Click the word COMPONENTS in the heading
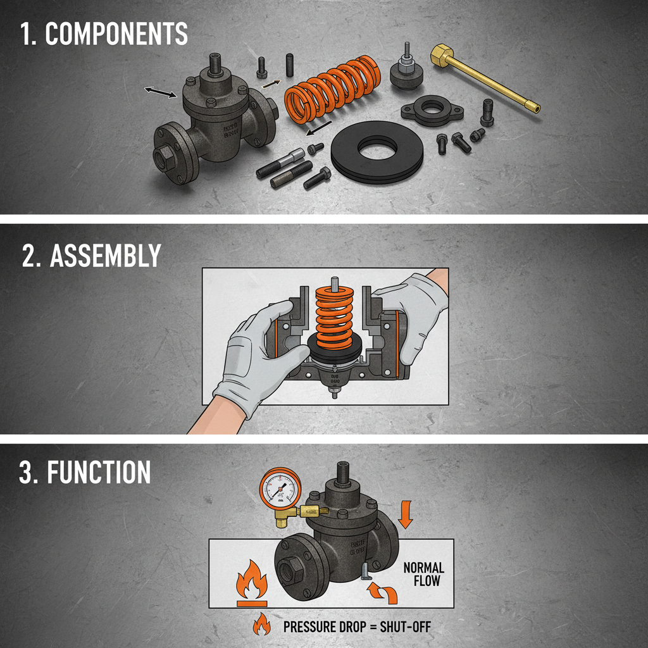pos(116,34)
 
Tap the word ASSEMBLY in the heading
pos(105,256)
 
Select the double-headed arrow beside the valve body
pos(160,92)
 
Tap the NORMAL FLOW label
pos(423,574)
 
